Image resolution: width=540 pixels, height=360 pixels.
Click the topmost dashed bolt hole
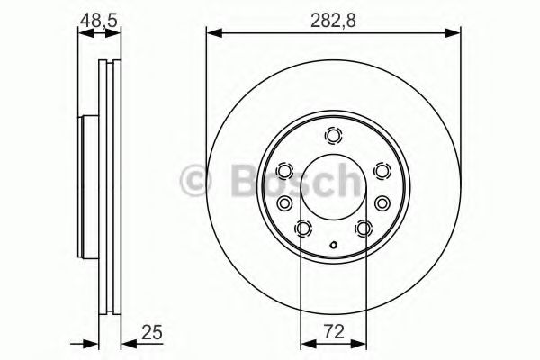tap(333, 137)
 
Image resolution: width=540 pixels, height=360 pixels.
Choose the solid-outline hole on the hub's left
tap(283, 203)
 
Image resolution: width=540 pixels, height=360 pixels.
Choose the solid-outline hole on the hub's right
tap(382, 203)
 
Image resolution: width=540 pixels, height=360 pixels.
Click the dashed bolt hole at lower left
tap(302, 229)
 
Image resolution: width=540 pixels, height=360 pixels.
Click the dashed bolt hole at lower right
tap(364, 229)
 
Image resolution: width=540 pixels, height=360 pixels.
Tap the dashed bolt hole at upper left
tap(283, 171)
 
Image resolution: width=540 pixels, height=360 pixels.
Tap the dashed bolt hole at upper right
tap(382, 171)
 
